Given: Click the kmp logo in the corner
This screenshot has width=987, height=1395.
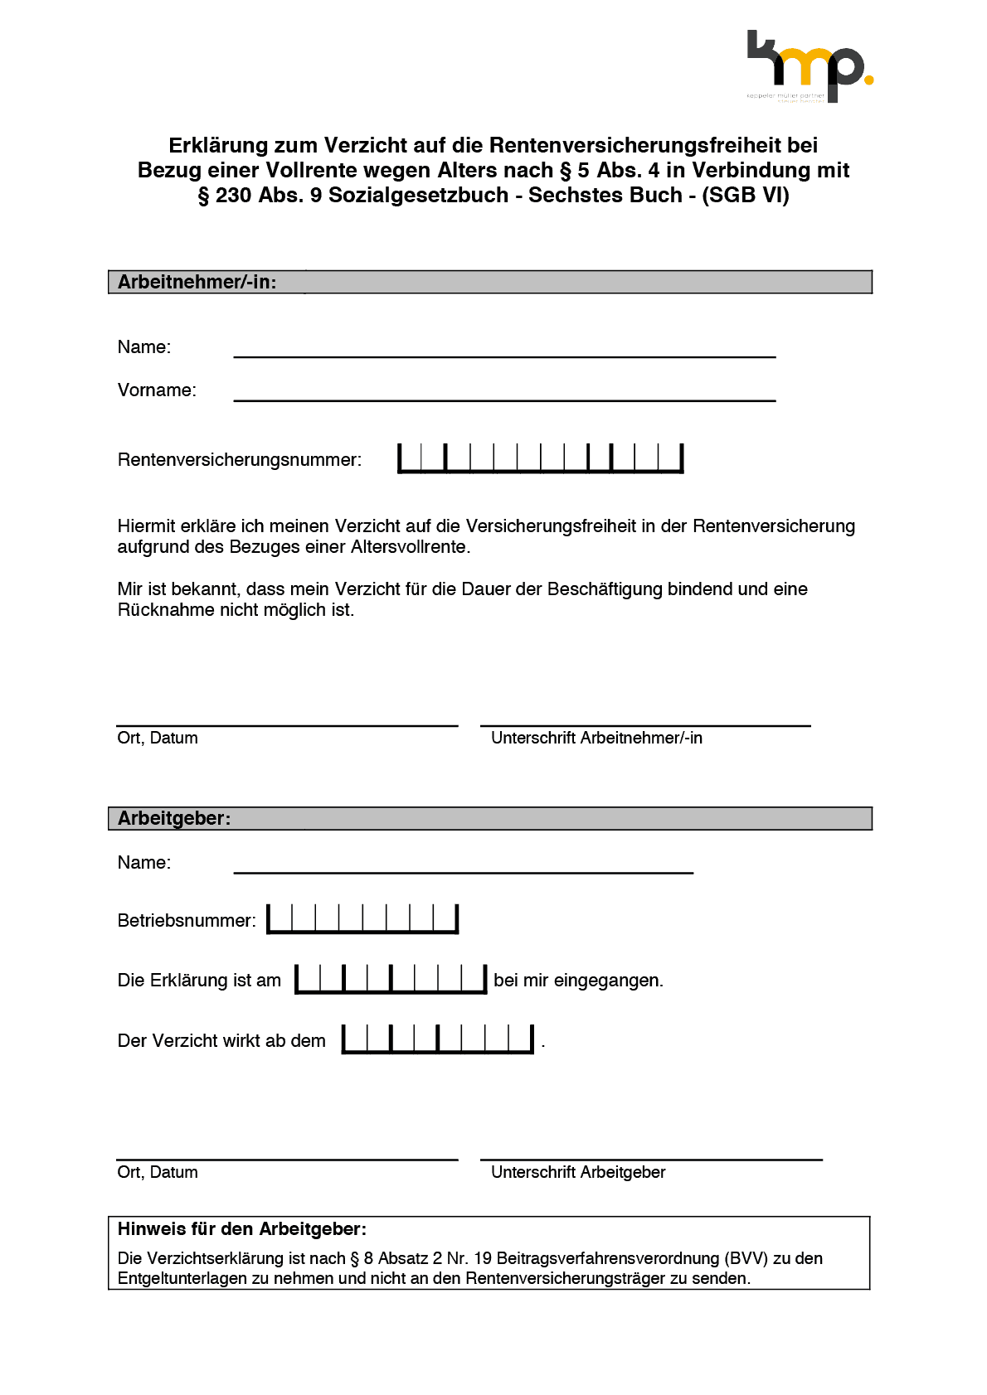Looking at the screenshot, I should [809, 66].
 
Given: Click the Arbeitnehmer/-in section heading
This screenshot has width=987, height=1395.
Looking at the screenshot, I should [197, 282].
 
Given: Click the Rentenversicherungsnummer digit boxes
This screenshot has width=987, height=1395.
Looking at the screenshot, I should [540, 458].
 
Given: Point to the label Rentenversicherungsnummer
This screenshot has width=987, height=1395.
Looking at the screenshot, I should [239, 460].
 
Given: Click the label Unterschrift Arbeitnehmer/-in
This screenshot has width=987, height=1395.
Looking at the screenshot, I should [596, 738].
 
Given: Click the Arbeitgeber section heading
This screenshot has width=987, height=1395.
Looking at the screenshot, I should [174, 818].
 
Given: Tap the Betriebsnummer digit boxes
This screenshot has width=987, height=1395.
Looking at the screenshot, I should [362, 919].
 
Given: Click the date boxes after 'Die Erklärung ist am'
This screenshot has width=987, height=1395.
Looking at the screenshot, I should [391, 979].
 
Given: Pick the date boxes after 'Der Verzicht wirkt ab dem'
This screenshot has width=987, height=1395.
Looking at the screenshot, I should [438, 1039].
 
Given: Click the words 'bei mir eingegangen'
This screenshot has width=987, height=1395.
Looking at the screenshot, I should [578, 981].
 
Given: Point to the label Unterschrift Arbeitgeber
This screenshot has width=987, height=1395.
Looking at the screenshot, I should [578, 1172].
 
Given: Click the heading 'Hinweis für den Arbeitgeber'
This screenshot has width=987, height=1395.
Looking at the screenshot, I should [241, 1229].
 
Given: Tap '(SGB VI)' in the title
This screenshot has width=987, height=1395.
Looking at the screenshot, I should [746, 195].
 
